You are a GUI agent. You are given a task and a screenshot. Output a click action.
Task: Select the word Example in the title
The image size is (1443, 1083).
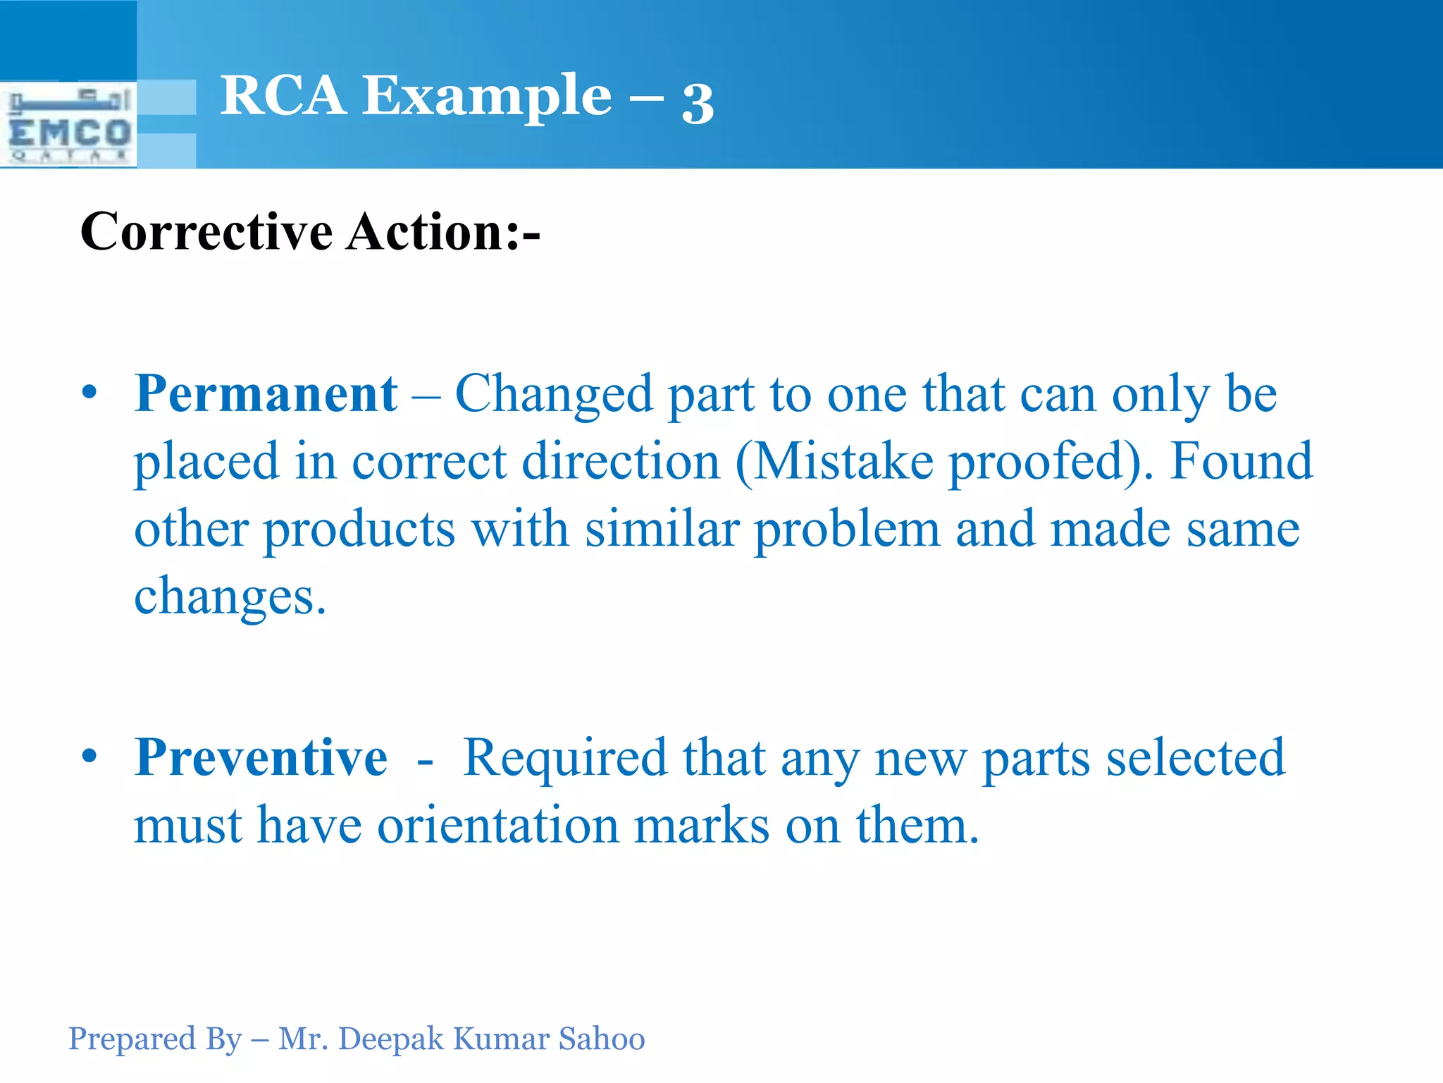[x=487, y=97]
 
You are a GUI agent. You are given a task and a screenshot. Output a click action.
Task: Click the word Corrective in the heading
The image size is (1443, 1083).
[x=206, y=232]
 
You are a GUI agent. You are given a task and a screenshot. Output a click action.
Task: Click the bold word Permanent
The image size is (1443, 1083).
[x=266, y=393]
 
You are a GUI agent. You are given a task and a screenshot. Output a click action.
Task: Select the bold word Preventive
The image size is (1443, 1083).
[x=261, y=758]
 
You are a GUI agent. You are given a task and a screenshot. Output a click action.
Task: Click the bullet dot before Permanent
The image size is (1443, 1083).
[x=89, y=392]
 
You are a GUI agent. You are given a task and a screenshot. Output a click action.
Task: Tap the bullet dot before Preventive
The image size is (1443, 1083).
[x=89, y=756]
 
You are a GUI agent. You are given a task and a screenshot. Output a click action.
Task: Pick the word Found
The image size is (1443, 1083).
[x=1241, y=462]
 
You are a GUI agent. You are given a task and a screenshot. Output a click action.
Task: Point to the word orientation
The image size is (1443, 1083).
[x=497, y=826]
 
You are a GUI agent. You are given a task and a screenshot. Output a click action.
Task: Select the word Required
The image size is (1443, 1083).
[x=564, y=758]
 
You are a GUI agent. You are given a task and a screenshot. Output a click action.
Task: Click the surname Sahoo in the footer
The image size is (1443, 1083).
[x=602, y=1039]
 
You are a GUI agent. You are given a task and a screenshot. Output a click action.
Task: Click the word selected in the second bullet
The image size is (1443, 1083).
[x=1196, y=758]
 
